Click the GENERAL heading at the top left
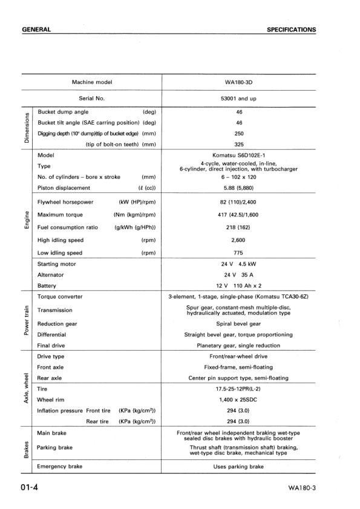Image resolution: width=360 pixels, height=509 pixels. point(35,29)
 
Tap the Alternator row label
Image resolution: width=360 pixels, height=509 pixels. point(51,274)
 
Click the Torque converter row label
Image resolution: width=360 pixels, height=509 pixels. point(60,297)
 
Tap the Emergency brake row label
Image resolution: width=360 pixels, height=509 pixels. point(59,466)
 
